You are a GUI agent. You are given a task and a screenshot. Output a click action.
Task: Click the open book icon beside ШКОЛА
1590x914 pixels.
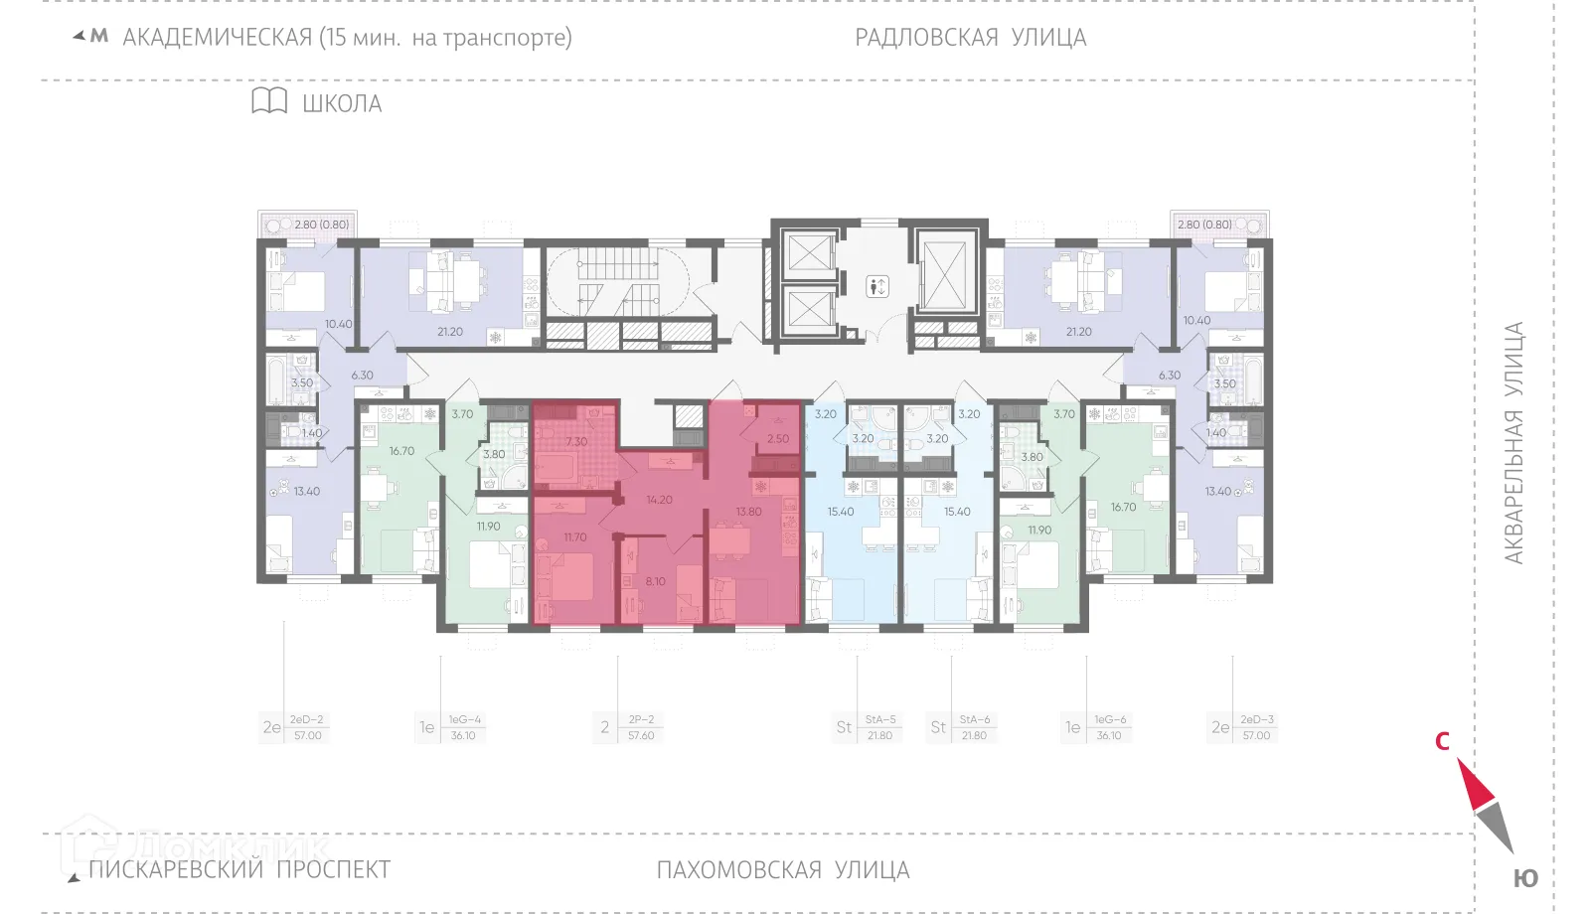coord(268,101)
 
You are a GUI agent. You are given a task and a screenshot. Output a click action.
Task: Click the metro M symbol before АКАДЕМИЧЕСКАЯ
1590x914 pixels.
coord(98,37)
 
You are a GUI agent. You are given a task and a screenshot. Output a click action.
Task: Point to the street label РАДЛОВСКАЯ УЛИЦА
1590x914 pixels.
coord(970,38)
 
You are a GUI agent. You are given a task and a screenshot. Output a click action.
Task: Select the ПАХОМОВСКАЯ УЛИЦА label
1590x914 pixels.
coord(782,870)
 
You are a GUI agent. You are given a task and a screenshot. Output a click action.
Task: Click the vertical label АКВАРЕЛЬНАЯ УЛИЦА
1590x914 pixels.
coord(1513,443)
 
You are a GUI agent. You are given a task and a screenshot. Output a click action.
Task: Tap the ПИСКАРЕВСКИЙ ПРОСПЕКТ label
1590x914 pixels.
coord(239,869)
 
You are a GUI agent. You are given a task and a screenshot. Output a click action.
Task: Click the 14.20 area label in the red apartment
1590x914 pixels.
coord(659,500)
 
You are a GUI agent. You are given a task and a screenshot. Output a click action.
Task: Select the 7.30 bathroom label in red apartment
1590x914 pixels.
coord(576,441)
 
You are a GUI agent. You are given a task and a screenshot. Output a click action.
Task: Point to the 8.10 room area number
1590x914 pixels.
coord(656,581)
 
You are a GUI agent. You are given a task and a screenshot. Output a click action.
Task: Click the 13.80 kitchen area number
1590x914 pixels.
coord(748,512)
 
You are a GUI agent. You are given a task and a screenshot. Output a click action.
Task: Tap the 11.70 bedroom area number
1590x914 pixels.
coord(575,536)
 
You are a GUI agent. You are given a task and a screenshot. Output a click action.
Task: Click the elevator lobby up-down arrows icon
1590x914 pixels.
coord(876,287)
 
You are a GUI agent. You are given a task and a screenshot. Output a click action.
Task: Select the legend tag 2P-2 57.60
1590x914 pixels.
coord(641,727)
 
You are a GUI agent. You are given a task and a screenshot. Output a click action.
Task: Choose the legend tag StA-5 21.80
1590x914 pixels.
coord(879,727)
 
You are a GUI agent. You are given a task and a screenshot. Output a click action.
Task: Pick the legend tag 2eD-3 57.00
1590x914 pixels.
coord(1256,727)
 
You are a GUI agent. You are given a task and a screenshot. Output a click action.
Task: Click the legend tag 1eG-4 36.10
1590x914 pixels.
coord(463,727)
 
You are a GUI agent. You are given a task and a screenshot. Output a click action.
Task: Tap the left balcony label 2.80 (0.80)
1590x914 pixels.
coord(321,225)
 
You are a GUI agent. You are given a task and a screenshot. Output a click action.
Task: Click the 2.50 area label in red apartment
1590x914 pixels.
coord(778,438)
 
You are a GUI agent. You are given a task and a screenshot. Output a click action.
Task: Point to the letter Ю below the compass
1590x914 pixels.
coord(1525,878)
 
